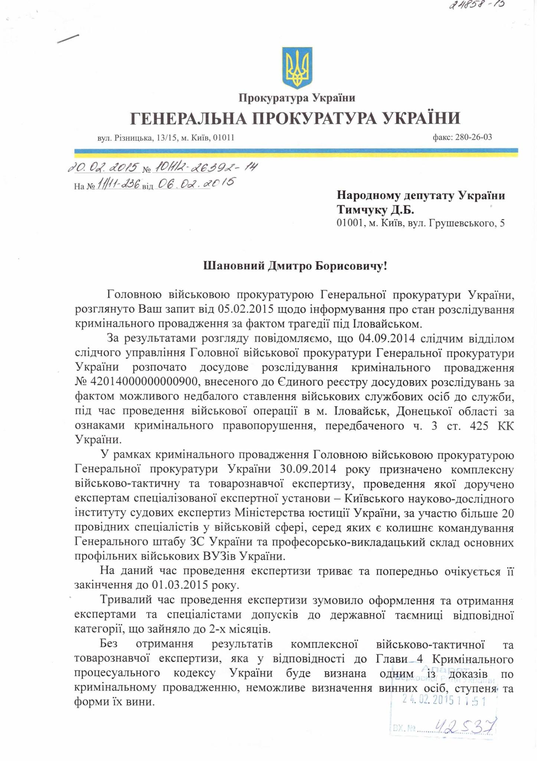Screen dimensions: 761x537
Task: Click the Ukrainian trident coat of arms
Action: [297, 68]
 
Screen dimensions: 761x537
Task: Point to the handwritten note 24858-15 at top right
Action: [477, 5]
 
